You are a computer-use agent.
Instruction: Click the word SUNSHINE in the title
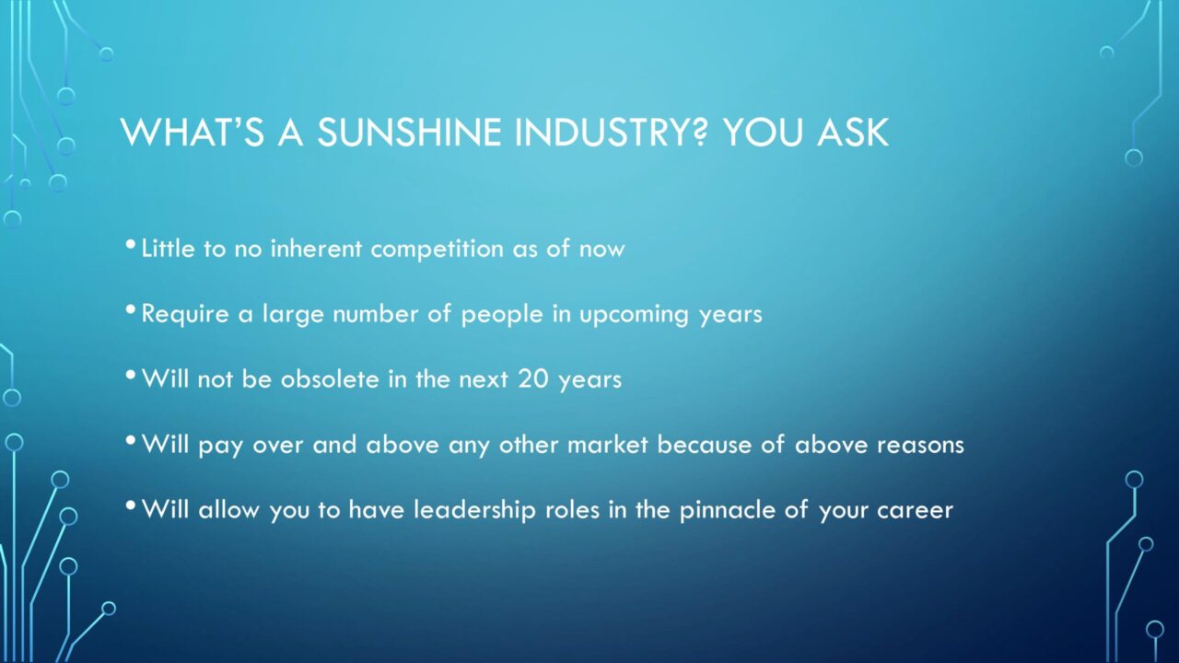pos(409,132)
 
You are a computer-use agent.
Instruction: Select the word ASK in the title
pos(853,132)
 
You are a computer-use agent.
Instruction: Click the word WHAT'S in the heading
pos(193,132)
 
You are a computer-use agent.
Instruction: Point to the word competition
pos(437,250)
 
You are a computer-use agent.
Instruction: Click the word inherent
pos(316,249)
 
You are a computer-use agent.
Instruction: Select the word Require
pos(185,315)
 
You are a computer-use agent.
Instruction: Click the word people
pos(502,315)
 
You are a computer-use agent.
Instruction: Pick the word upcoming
pos(634,315)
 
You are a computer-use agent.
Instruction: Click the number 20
pos(533,378)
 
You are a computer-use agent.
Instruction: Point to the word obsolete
pos(330,378)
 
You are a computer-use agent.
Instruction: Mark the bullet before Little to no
pos(131,244)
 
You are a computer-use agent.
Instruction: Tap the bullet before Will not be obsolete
pos(131,375)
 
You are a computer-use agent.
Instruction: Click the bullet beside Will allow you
pos(131,506)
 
